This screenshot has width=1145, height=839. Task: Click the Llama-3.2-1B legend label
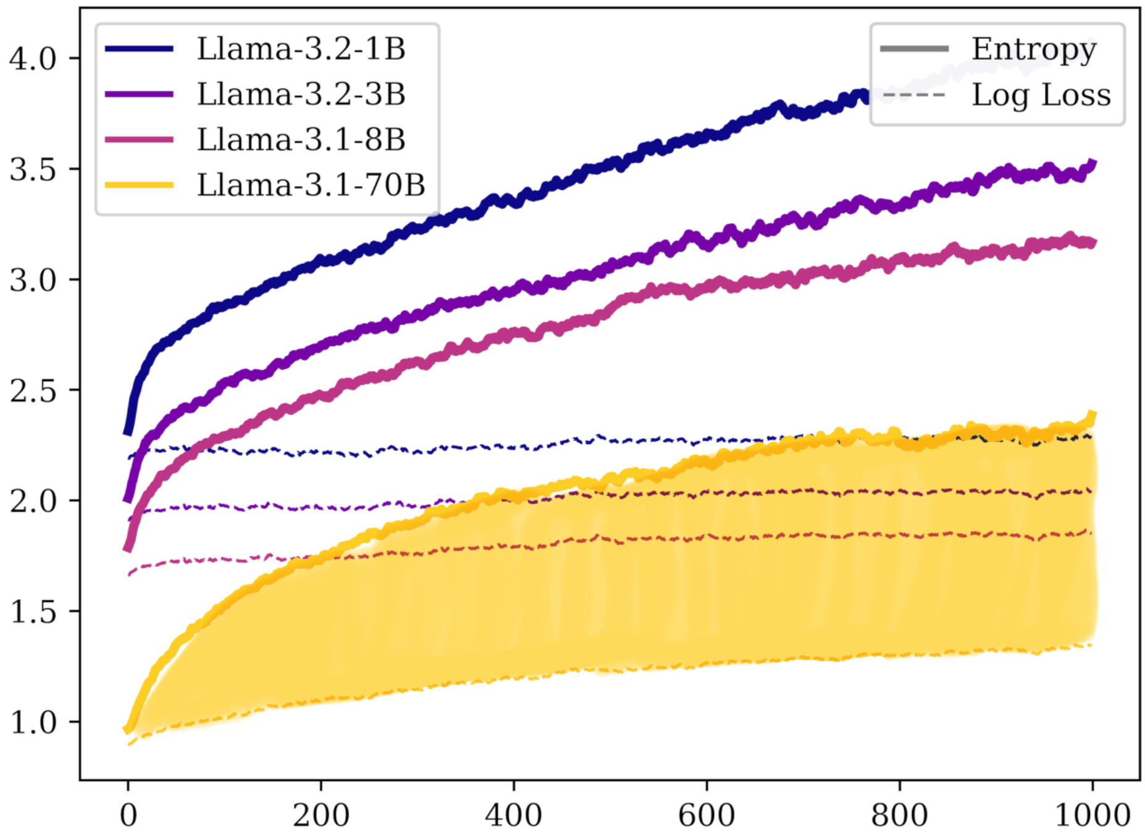point(301,49)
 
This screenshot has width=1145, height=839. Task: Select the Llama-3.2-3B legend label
point(301,95)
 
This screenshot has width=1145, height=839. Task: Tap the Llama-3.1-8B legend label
point(301,140)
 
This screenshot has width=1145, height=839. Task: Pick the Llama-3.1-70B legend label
point(311,185)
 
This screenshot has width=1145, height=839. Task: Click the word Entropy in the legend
point(1034,50)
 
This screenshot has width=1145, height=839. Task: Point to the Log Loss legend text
point(1041,95)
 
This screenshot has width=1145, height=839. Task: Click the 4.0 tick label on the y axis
point(32,59)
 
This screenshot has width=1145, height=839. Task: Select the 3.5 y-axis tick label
point(32,169)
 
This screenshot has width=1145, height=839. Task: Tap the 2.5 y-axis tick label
point(32,390)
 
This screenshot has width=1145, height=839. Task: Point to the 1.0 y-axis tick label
point(32,722)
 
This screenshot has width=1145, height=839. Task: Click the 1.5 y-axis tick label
point(32,612)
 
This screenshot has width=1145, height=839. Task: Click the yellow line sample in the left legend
point(139,185)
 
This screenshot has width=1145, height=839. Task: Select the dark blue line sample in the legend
point(139,49)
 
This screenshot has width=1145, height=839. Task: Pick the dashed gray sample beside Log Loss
point(914,95)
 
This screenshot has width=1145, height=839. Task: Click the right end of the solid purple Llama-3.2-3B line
point(1093,164)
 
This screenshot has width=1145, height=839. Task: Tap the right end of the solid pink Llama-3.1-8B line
point(1093,243)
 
